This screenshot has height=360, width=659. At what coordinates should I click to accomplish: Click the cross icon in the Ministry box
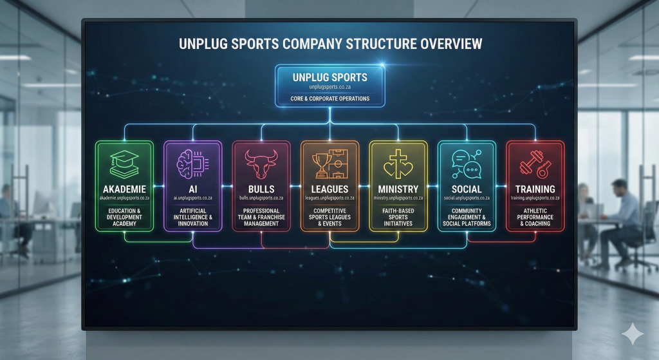pyautogui.click(x=397, y=164)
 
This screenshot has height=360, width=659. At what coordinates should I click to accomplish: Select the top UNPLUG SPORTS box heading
pyautogui.click(x=329, y=77)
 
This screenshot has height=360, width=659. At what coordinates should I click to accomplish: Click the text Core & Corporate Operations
pyautogui.click(x=329, y=99)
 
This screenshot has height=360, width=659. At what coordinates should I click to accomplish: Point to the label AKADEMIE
pyautogui.click(x=124, y=189)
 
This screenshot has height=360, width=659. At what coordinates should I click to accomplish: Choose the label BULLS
pyautogui.click(x=261, y=189)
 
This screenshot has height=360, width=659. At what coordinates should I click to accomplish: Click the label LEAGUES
pyautogui.click(x=329, y=189)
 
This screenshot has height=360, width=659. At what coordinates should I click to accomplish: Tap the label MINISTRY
pyautogui.click(x=398, y=189)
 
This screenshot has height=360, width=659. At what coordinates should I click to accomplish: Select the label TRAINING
pyautogui.click(x=535, y=189)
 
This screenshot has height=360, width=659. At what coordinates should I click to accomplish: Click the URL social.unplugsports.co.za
pyautogui.click(x=466, y=198)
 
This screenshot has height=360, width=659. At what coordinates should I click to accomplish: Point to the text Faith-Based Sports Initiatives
pyautogui.click(x=398, y=217)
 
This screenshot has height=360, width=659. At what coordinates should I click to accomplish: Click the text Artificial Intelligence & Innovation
pyautogui.click(x=192, y=217)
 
